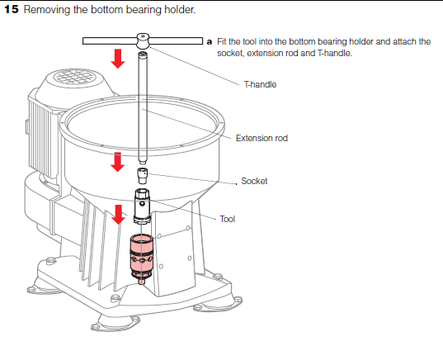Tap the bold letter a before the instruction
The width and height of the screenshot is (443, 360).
pos(210,40)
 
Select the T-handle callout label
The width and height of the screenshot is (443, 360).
pos(260,84)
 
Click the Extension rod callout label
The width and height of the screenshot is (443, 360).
pos(262,138)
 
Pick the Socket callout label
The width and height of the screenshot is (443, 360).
pos(254,181)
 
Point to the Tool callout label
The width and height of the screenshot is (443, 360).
pos(229,220)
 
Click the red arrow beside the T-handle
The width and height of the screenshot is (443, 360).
pos(118,58)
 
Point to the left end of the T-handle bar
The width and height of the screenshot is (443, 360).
pos(86,40)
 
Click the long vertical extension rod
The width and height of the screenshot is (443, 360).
pos(144,107)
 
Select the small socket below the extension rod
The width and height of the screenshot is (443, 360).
pos(143,175)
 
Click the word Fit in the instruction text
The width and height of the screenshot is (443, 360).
pos(222,40)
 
